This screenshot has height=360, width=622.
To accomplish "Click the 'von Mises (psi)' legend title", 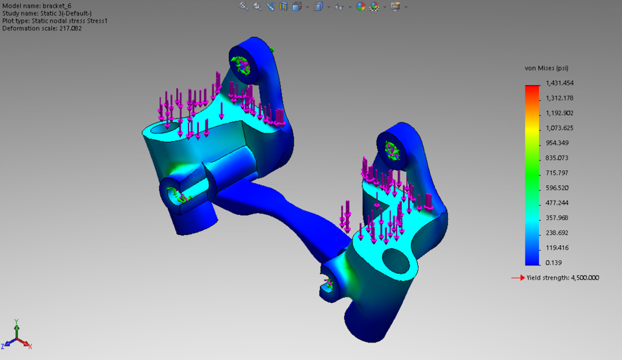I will [546, 68].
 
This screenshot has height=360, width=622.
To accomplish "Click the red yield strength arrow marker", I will [517, 278].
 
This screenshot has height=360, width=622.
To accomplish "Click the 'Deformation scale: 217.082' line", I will [42, 28].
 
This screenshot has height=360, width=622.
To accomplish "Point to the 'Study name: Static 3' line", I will [46, 13].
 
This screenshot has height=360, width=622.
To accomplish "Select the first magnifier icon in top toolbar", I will [244, 6].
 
